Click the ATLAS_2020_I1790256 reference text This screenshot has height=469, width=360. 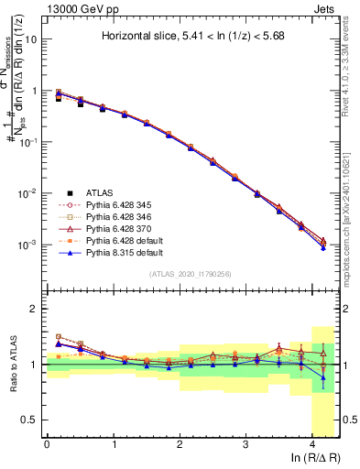(191, 274)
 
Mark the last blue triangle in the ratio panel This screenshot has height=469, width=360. (322, 376)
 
